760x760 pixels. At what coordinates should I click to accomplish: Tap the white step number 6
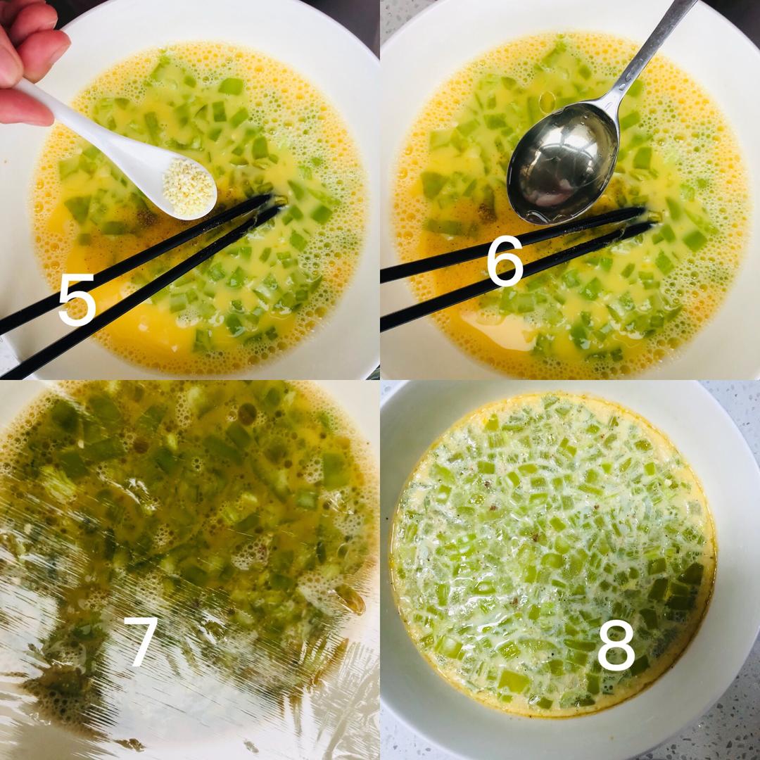pos(505,260)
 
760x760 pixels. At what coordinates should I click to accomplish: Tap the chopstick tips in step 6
pos(644,218)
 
